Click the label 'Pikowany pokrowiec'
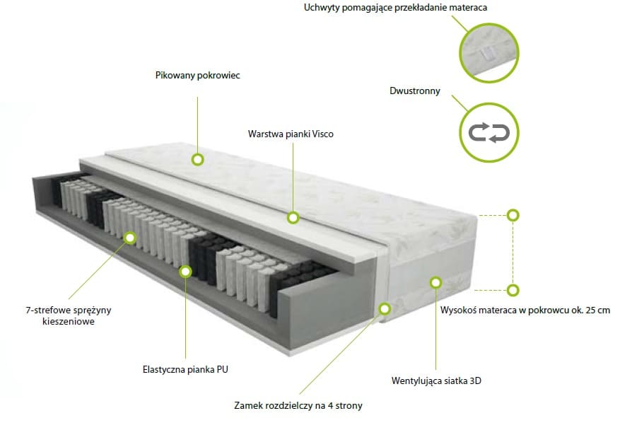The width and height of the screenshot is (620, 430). (197, 75)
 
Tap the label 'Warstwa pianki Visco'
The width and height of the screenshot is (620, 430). (291, 134)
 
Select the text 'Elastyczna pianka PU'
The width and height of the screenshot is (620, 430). (185, 369)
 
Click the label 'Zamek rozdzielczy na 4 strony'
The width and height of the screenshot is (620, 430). (298, 406)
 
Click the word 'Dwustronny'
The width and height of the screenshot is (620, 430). (414, 91)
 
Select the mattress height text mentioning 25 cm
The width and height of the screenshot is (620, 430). (525, 310)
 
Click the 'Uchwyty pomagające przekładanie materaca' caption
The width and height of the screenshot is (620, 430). (395, 8)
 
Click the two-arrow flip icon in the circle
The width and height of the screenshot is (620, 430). (490, 132)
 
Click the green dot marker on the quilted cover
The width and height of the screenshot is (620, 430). (198, 159)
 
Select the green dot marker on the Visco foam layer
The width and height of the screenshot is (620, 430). (293, 217)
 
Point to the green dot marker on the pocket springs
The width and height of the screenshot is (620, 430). (130, 238)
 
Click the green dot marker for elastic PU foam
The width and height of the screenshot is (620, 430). (185, 270)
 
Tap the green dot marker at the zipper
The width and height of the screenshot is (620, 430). (385, 308)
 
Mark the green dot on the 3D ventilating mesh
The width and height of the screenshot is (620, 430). (435, 283)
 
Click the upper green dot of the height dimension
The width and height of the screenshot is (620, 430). (513, 214)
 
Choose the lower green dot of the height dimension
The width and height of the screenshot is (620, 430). (513, 289)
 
